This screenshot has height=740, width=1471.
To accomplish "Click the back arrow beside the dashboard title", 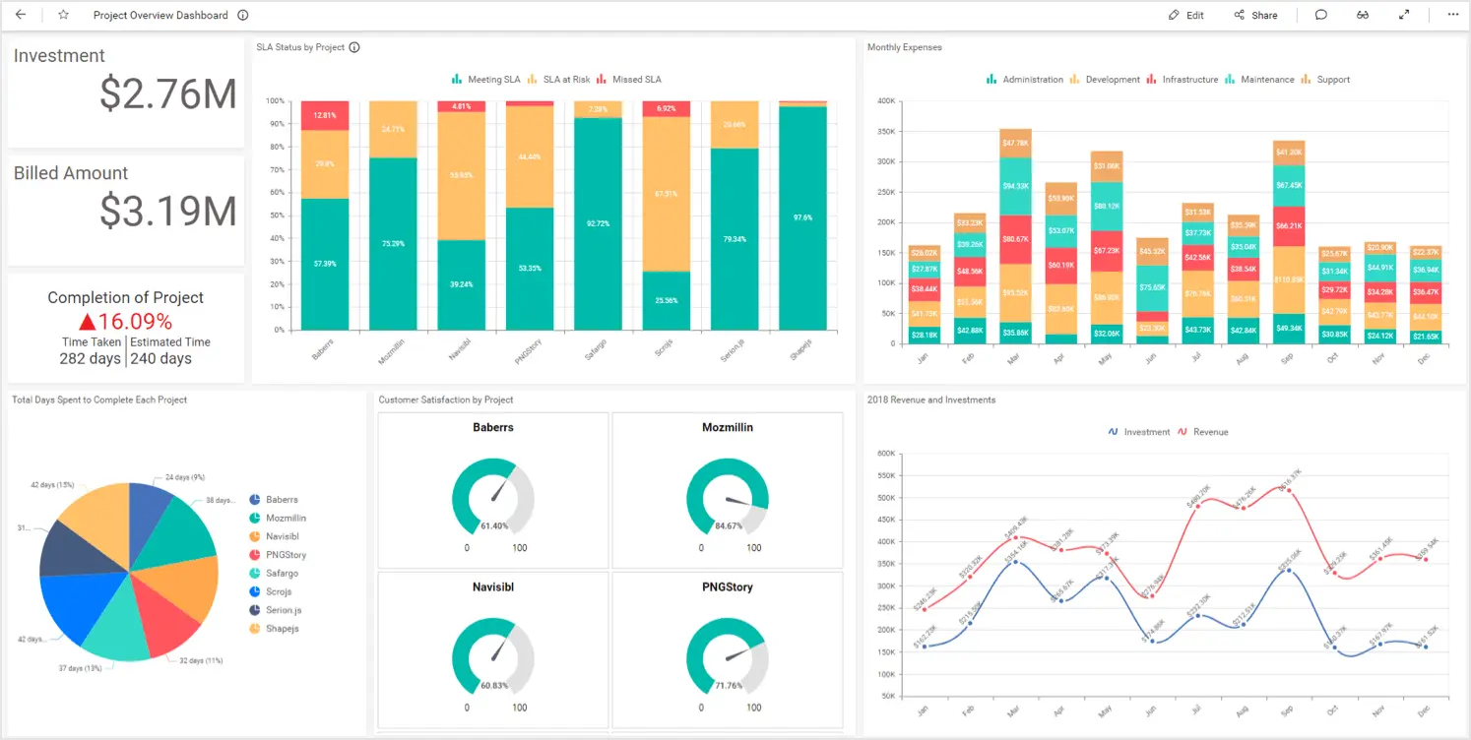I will [21, 15].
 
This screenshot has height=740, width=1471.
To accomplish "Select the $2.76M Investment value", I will [167, 93].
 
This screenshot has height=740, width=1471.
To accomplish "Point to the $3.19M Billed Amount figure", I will [167, 211].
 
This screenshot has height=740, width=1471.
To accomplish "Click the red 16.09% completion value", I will [125, 322].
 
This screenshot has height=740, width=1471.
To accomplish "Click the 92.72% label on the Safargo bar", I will [598, 223].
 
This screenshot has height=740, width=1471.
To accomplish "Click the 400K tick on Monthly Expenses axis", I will [885, 100].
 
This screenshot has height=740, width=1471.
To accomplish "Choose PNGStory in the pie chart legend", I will [286, 555].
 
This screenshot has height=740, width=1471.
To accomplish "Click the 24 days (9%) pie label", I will [184, 477].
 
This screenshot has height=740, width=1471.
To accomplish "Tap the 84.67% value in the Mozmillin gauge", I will [729, 525].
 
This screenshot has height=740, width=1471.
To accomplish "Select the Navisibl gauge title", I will [493, 587].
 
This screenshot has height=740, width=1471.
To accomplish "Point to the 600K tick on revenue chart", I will [885, 454].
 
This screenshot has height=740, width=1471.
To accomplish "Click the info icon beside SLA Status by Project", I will [354, 47].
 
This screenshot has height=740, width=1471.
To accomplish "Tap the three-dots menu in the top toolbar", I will [1452, 15].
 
